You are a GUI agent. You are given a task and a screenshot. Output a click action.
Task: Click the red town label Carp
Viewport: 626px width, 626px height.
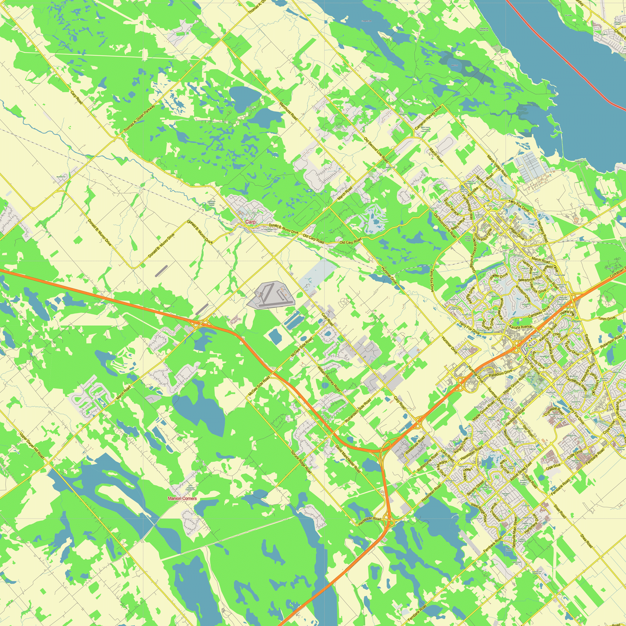click(x=250, y=222)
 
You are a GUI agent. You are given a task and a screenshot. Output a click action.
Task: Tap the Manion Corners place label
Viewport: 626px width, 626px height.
click(x=182, y=498)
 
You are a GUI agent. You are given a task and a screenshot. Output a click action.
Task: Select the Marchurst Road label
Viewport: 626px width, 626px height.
click(x=288, y=111)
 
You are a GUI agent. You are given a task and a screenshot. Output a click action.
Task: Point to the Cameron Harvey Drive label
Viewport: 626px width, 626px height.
click(x=428, y=118)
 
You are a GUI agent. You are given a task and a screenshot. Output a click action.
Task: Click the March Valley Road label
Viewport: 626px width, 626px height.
click(x=497, y=166)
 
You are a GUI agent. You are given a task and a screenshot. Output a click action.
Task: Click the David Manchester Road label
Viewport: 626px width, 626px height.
click(x=348, y=459)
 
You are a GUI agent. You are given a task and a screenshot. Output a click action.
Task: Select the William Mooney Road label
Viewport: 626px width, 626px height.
click(x=329, y=378)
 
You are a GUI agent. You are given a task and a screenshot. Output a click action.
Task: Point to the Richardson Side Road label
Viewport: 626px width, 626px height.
click(x=358, y=411)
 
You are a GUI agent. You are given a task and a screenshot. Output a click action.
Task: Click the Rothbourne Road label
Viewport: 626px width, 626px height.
click(x=427, y=462)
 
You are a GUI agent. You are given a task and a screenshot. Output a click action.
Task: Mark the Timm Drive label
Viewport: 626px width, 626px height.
click(x=607, y=319)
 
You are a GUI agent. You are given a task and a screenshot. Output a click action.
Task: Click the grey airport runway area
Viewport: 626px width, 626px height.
click(x=271, y=295)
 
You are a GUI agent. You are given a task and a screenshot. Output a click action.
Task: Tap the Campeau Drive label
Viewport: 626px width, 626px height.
click(x=539, y=312)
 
